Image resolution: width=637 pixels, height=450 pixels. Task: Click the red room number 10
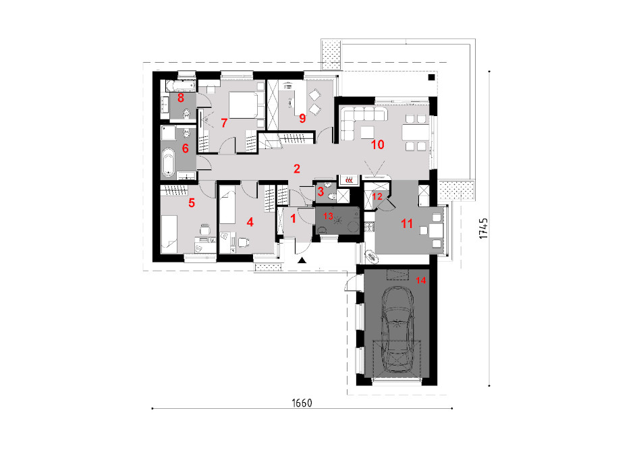377,144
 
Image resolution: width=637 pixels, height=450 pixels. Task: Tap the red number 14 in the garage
420,280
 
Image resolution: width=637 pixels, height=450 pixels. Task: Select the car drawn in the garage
397,329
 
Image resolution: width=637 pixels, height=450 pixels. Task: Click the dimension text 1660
302,403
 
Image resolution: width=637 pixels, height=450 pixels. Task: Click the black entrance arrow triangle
302,260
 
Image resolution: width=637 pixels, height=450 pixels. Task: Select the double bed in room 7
244,105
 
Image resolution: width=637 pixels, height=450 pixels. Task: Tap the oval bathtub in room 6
168,164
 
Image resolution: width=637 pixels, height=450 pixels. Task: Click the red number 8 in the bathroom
181,97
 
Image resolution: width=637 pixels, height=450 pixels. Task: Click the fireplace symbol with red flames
349,179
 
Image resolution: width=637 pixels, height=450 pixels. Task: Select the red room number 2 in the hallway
297,169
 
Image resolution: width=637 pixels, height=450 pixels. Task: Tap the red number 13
328,216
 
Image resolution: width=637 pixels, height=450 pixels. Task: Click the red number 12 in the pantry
377,196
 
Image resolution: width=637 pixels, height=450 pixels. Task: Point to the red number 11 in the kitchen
407,223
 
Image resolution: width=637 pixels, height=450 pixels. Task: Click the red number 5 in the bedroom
192,202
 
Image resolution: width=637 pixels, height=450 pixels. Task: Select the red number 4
250,222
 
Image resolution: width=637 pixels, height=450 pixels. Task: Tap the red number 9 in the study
302,118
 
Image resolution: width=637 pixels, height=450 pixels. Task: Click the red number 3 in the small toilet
321,191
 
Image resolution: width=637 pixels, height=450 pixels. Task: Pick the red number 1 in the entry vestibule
293,219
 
